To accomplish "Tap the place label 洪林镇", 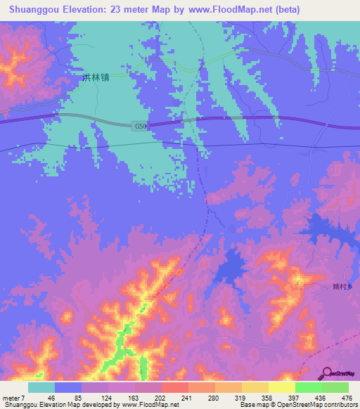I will [x=95, y=79].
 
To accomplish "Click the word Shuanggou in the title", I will [x=31, y=10].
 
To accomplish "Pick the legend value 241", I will [x=186, y=397].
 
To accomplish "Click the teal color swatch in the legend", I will [x=41, y=387].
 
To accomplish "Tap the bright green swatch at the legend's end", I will [x=335, y=387].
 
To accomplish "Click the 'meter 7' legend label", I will [x=14, y=397].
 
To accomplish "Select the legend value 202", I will [x=158, y=397].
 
